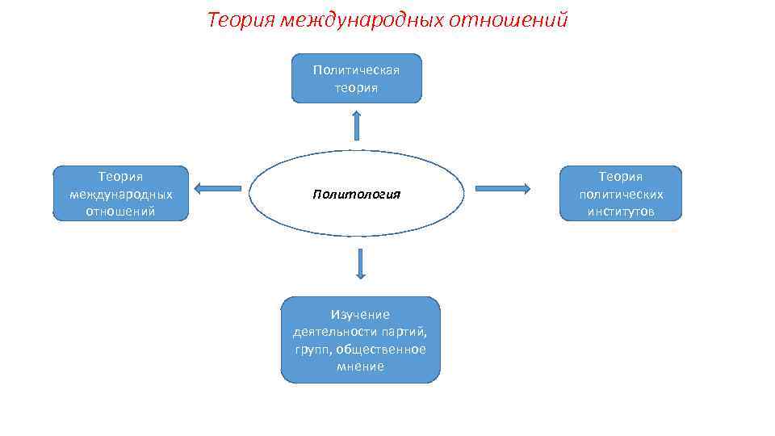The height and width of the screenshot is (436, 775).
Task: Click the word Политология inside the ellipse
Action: (x=357, y=195)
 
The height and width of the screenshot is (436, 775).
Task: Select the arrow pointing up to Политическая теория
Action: (x=356, y=125)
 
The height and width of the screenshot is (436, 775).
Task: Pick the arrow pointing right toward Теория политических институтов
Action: (x=502, y=189)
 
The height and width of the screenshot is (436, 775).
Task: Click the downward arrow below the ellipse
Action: (x=360, y=264)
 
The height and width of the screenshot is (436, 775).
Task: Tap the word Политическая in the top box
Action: (x=356, y=69)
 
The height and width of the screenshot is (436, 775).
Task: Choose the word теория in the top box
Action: (x=356, y=87)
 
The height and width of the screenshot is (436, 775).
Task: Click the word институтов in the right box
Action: (x=621, y=212)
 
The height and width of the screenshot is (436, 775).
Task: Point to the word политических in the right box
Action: (x=621, y=194)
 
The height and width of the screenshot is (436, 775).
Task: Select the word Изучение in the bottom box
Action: (x=360, y=314)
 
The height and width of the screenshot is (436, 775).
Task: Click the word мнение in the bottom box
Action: (x=360, y=367)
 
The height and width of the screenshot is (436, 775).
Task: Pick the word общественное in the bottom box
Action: (x=381, y=349)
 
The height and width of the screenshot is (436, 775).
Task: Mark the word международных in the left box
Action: (x=120, y=194)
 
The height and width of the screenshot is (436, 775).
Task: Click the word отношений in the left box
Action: (x=120, y=212)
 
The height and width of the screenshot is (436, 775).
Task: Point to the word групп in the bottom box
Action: (x=311, y=349)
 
